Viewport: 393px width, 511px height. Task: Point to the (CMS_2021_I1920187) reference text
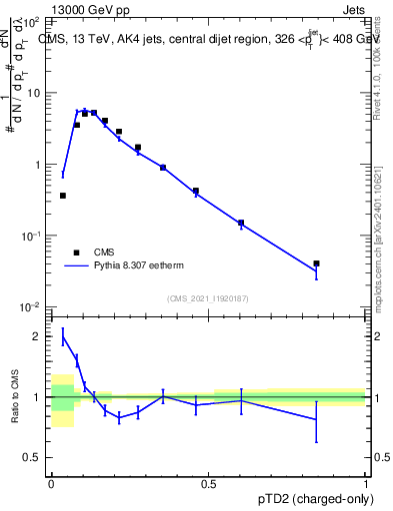(x=207, y=297)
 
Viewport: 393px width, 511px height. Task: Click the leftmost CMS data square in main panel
(x=63, y=196)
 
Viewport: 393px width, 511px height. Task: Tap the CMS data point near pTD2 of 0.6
(x=241, y=223)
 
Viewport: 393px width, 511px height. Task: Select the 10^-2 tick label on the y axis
(x=32, y=306)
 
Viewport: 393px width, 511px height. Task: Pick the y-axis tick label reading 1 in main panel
(x=38, y=164)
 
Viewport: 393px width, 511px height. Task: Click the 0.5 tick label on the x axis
(x=209, y=483)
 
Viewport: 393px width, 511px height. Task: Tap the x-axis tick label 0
(x=51, y=483)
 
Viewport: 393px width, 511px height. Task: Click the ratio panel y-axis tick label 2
(x=37, y=336)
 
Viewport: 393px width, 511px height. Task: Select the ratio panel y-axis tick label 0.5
(x=32, y=457)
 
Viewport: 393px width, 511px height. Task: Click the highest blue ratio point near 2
(x=63, y=337)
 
